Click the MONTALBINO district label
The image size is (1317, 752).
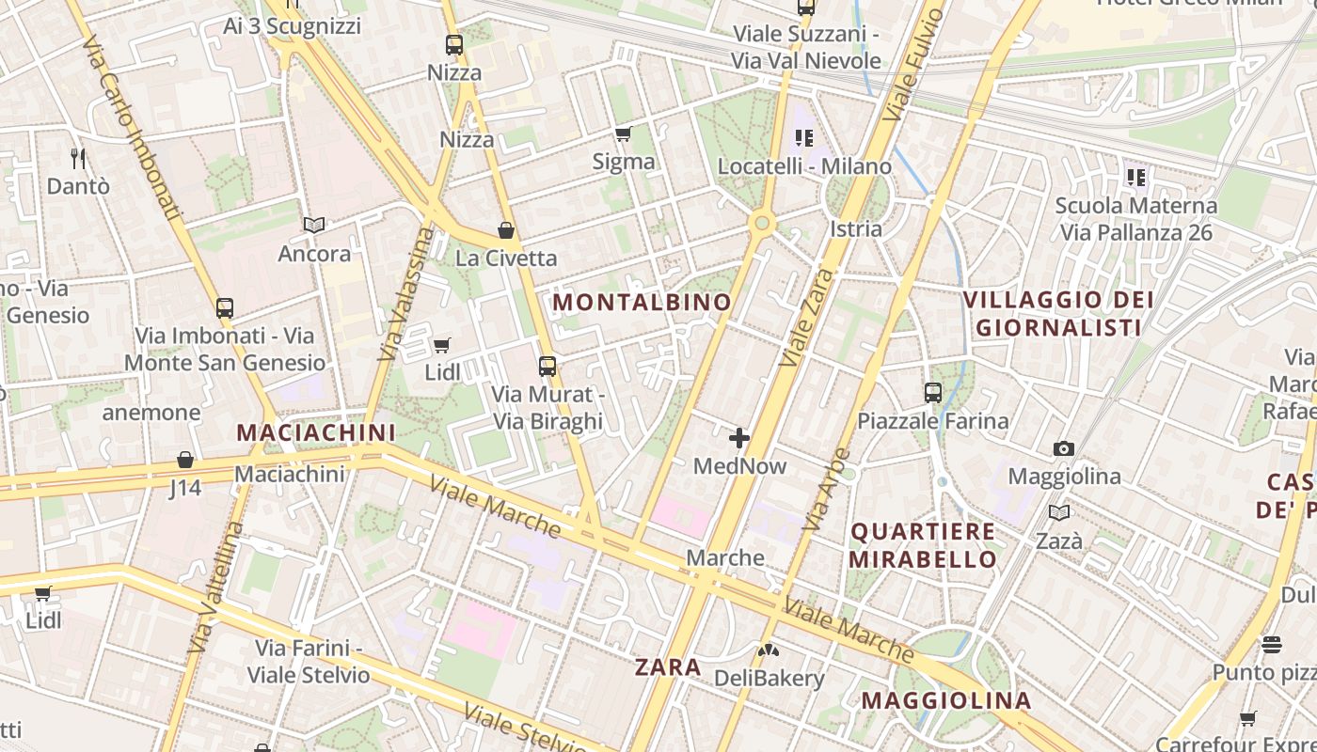pyautogui.click(x=642, y=302)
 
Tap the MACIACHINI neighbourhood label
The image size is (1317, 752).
pyautogui.click(x=316, y=432)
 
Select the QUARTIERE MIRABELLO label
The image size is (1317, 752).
pyautogui.click(x=923, y=545)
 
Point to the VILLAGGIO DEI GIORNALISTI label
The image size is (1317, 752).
pyautogui.click(x=1058, y=313)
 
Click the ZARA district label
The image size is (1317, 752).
pyautogui.click(x=668, y=667)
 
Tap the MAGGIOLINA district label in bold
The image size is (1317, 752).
pyautogui.click(x=946, y=700)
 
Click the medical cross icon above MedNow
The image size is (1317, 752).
pyautogui.click(x=739, y=437)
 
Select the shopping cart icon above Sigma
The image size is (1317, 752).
pyautogui.click(x=623, y=133)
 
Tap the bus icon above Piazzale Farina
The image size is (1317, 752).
pyautogui.click(x=932, y=393)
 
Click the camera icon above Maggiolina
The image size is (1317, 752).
pyautogui.click(x=1064, y=448)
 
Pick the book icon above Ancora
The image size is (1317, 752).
pyautogui.click(x=314, y=226)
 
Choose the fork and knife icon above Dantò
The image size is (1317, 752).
pyautogui.click(x=78, y=158)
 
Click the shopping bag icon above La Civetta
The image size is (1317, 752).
pyautogui.click(x=506, y=230)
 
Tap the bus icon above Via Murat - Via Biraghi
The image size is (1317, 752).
pyautogui.click(x=547, y=367)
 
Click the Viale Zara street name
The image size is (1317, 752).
pyautogui.click(x=807, y=318)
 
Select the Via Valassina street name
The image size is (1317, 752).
pyautogui.click(x=405, y=294)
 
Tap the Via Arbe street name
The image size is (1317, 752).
pyautogui.click(x=828, y=489)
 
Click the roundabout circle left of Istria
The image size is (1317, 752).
pyautogui.click(x=761, y=224)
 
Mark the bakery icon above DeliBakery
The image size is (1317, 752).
pyautogui.click(x=769, y=650)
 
